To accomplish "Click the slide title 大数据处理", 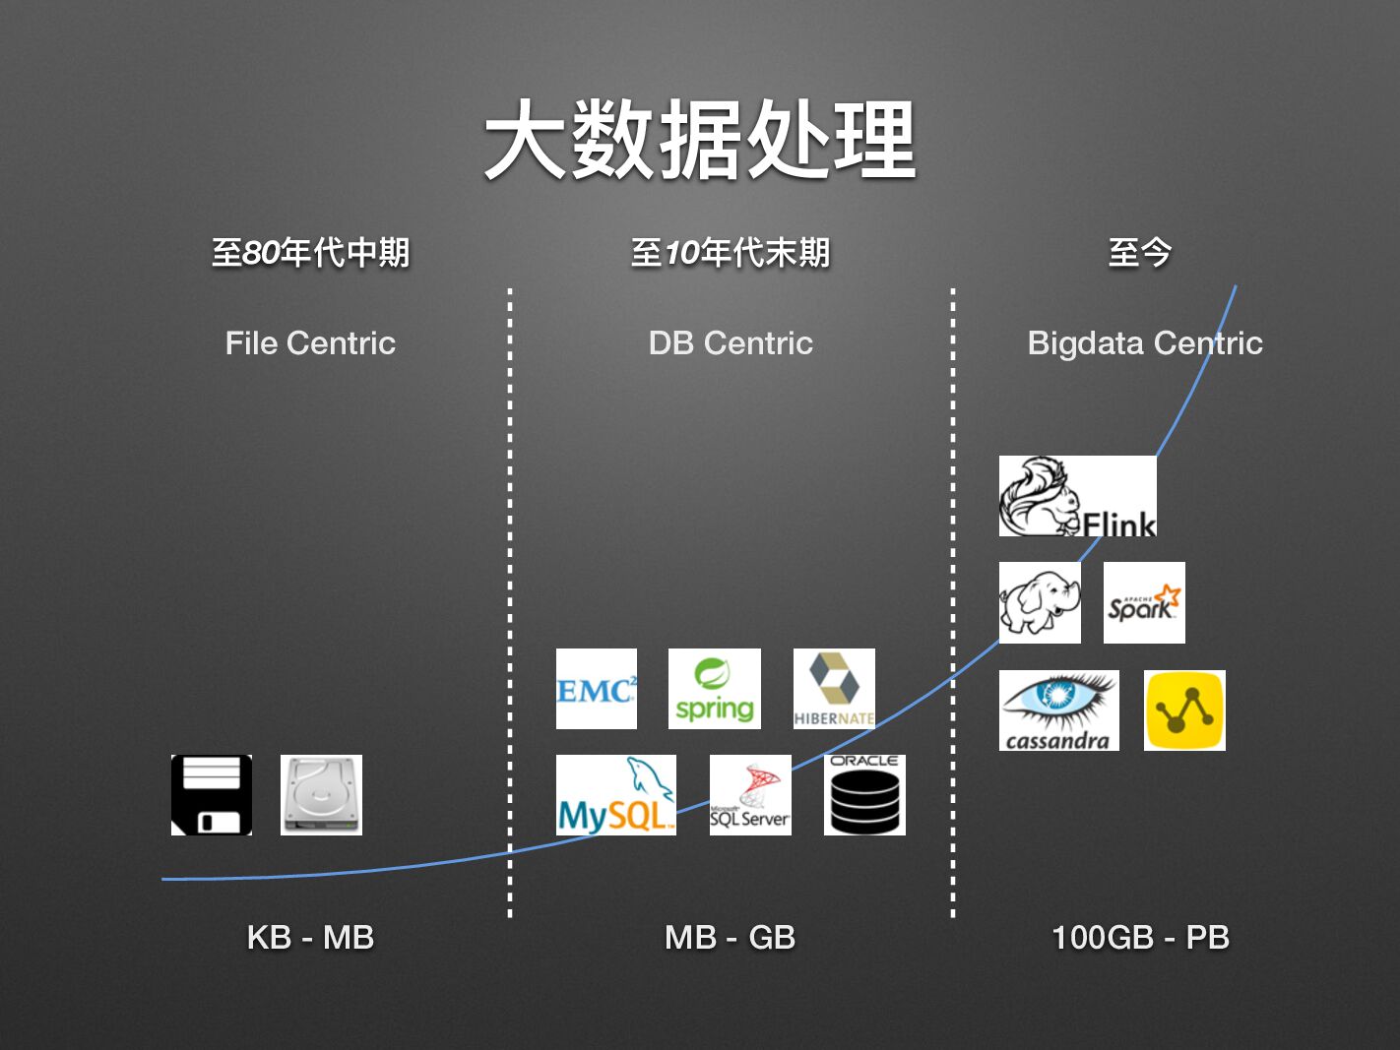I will (x=700, y=141).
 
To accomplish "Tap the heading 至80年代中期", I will (x=310, y=253).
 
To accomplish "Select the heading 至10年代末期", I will (x=731, y=253).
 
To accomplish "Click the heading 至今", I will (x=1139, y=253).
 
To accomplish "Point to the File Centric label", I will (x=310, y=343).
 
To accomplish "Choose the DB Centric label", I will (x=731, y=343).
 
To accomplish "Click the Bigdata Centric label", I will (x=1144, y=343).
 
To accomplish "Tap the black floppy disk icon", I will (x=212, y=795).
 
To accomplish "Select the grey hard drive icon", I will (x=321, y=795).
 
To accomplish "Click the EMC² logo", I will (x=597, y=689).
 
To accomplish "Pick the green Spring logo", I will (x=715, y=689).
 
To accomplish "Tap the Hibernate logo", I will (x=834, y=689).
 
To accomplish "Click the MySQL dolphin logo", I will (x=616, y=795).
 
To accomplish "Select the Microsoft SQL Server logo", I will (x=750, y=795).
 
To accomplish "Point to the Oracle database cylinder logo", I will (x=864, y=795).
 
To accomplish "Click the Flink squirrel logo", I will (x=1077, y=496).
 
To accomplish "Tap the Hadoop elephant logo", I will (x=1040, y=602).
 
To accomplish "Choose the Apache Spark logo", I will (x=1144, y=602).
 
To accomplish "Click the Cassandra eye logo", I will (x=1059, y=710).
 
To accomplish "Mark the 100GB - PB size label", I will (x=1140, y=937).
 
